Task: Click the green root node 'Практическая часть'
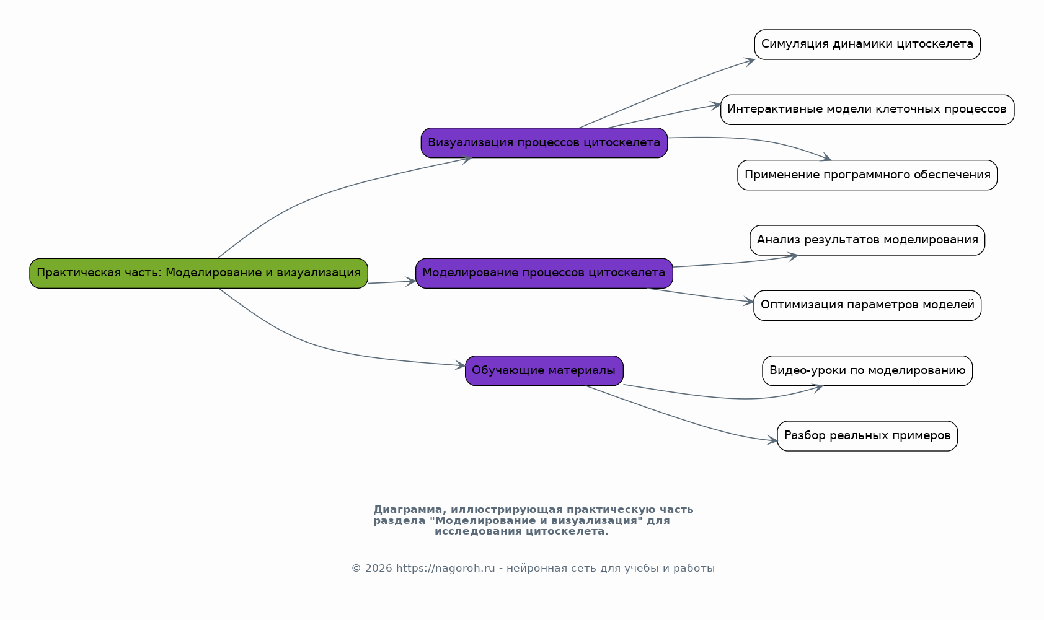pos(198,273)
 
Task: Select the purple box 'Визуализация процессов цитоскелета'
pos(544,143)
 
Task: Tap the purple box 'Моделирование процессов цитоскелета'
pos(544,273)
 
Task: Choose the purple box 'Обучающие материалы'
pos(544,371)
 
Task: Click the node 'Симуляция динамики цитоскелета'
pos(867,45)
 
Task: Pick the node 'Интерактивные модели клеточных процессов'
pos(867,110)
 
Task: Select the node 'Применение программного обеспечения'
pos(867,175)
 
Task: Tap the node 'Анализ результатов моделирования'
pos(867,240)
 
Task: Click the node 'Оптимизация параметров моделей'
pos(867,305)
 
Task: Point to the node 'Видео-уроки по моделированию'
pos(867,371)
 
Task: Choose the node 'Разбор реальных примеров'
pos(867,436)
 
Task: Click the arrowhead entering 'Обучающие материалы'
pos(460,365)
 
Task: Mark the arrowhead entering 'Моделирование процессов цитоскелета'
pos(410,281)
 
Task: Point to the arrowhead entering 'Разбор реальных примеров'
pos(772,440)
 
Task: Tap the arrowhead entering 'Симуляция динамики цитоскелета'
pos(750,62)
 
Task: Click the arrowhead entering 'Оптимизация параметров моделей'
pos(748,302)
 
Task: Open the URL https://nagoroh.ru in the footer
pos(446,569)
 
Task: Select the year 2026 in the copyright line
pos(378,569)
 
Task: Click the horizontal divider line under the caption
pos(533,549)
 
